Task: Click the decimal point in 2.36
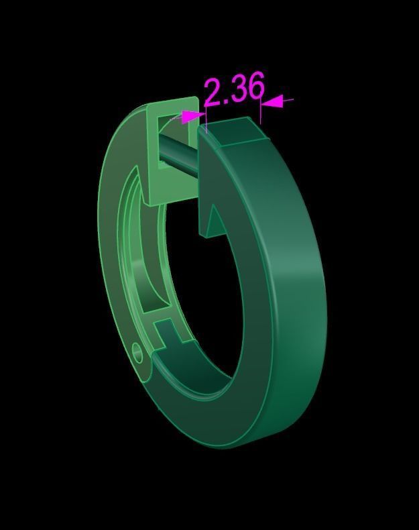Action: coord(225,101)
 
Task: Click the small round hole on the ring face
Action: coord(138,351)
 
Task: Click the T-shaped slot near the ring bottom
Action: coord(168,333)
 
